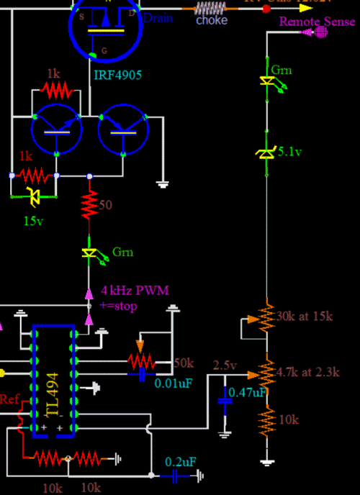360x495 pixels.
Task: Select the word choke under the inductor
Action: [212, 20]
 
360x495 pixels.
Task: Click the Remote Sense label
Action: [317, 22]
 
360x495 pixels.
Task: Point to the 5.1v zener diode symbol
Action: [267, 152]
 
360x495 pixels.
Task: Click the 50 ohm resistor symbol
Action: [89, 204]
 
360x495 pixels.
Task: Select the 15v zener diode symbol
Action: [32, 194]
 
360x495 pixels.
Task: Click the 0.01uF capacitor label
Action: [174, 383]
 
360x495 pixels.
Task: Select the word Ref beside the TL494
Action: [10, 399]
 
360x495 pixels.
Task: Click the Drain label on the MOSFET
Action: [158, 17]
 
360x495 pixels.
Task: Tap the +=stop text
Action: [119, 306]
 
